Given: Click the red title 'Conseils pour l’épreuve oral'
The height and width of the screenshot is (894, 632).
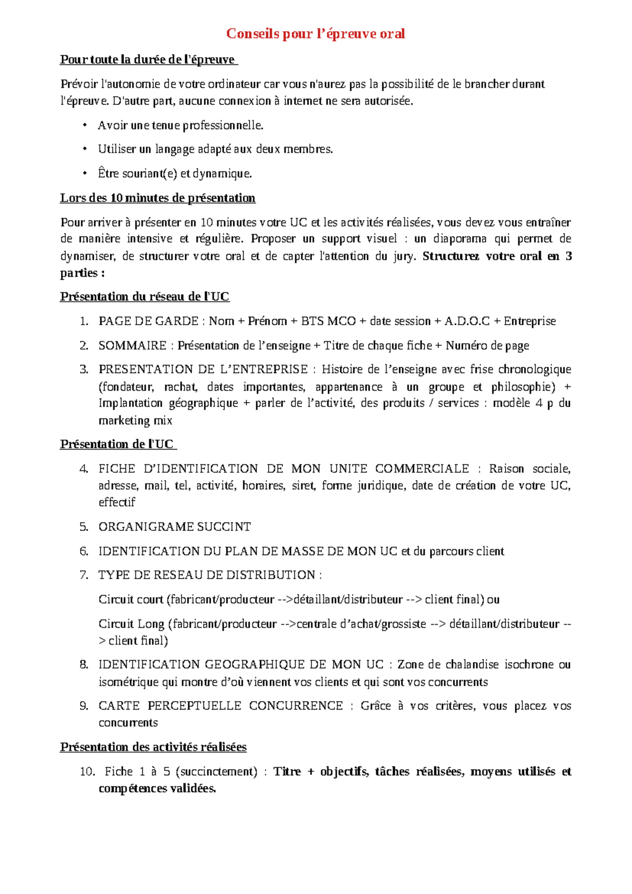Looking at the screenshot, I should (x=315, y=34).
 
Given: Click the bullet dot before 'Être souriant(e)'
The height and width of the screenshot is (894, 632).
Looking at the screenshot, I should (x=84, y=173).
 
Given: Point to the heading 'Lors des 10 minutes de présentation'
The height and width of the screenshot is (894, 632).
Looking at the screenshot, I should (x=157, y=198).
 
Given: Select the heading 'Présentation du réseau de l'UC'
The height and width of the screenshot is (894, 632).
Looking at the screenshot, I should (x=144, y=297).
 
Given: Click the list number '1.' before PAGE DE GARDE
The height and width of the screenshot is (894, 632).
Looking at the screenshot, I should (x=84, y=322).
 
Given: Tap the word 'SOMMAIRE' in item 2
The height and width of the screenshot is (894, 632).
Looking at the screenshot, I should (x=132, y=346).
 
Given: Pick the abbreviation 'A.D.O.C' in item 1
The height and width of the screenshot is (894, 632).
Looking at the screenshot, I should (x=467, y=322).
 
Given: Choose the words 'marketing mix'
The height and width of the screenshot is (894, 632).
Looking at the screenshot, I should (x=135, y=421).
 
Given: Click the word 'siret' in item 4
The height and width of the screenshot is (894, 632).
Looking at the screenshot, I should (x=303, y=485).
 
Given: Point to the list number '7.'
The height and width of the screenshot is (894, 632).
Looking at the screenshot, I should (x=84, y=575).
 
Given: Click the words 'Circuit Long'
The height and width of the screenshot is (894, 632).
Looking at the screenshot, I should (x=131, y=624).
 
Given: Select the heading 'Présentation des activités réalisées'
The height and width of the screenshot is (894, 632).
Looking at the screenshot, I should (x=153, y=747).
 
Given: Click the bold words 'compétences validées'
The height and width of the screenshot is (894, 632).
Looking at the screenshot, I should (x=157, y=789).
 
